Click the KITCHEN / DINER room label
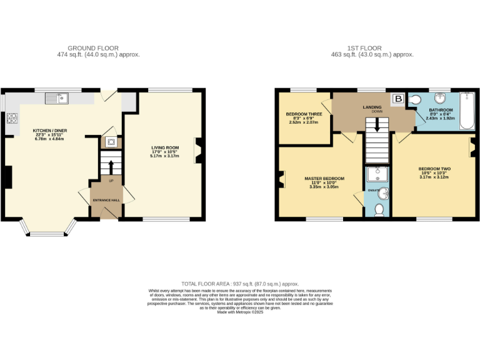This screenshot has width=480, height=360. pyautogui.click(x=49, y=131)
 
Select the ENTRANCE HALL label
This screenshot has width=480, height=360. pyautogui.click(x=106, y=200)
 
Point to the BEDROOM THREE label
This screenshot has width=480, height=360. pyautogui.click(x=304, y=114)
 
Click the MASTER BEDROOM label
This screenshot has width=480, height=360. pyautogui.click(x=324, y=179)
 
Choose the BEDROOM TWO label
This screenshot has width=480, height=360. pyautogui.click(x=433, y=169)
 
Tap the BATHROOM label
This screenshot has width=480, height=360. pyautogui.click(x=441, y=110)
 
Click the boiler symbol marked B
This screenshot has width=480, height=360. pyautogui.click(x=397, y=99)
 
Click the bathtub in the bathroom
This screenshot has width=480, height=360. pyautogui.click(x=467, y=111)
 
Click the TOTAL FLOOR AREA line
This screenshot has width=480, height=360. pyautogui.click(x=240, y=283)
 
